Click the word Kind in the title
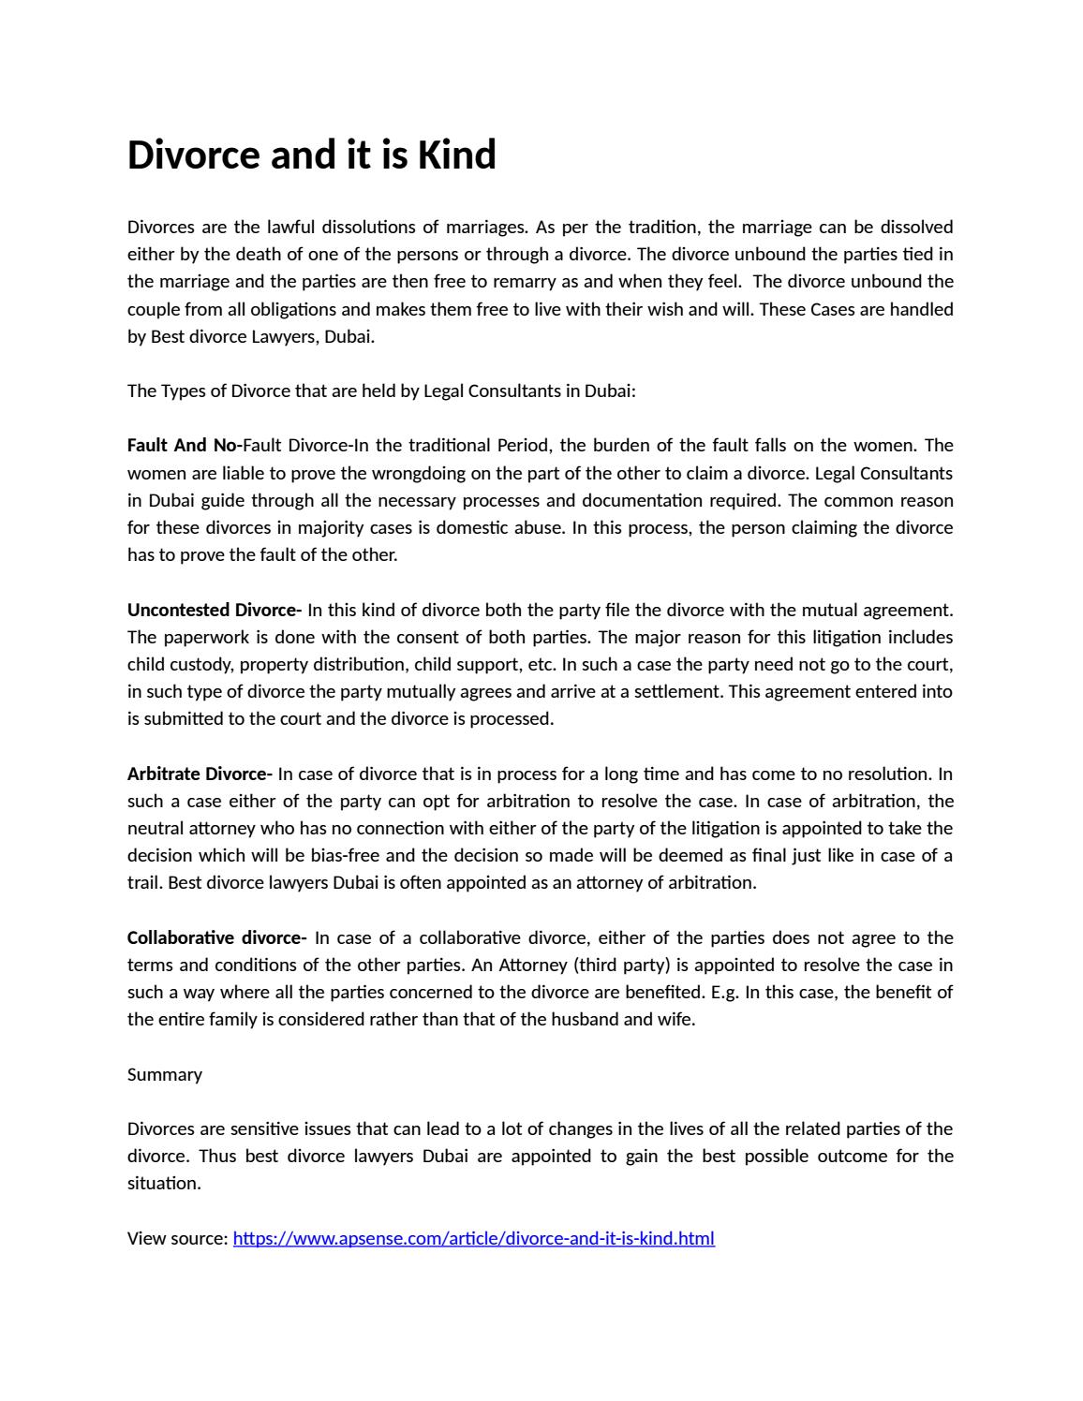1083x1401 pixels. [x=456, y=155]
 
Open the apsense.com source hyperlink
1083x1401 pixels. [x=473, y=1238]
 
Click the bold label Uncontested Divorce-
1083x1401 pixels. [x=214, y=610]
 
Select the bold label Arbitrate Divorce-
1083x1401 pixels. [x=200, y=774]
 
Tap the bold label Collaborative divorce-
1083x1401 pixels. [x=216, y=937]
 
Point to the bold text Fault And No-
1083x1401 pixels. [x=185, y=445]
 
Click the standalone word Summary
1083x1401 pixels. [x=165, y=1074]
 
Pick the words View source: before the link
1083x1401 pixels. [x=177, y=1238]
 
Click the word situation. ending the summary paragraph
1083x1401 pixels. [x=164, y=1183]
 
